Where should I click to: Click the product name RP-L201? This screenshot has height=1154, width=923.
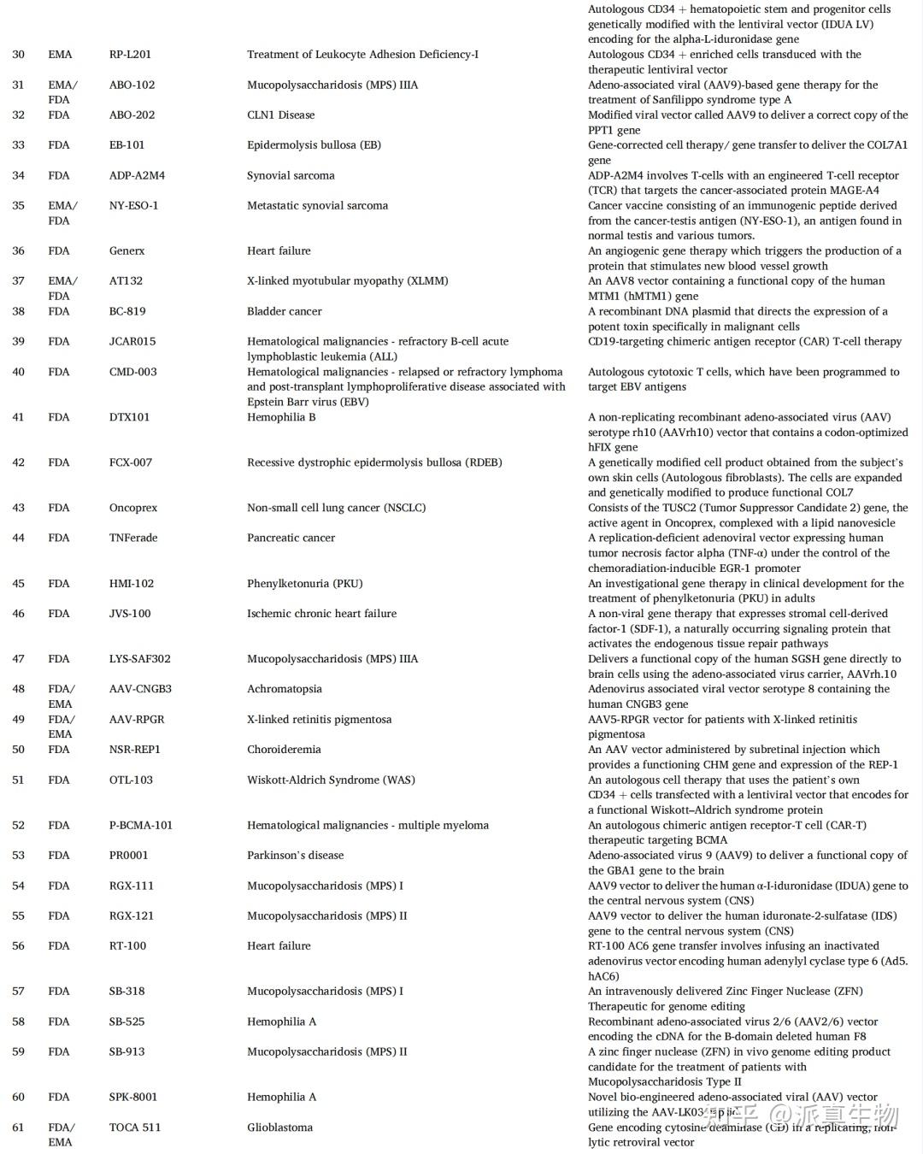pyautogui.click(x=130, y=55)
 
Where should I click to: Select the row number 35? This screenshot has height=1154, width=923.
pyautogui.click(x=19, y=206)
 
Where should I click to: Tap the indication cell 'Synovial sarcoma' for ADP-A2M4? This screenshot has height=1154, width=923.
pyautogui.click(x=291, y=176)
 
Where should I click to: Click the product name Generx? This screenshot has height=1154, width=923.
pyautogui.click(x=126, y=251)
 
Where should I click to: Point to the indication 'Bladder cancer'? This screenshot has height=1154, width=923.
pyautogui.click(x=284, y=312)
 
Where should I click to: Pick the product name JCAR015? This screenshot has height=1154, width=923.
pyautogui.click(x=132, y=342)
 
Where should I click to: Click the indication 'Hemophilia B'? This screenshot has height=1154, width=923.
pyautogui.click(x=281, y=418)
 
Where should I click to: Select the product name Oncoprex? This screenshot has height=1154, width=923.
pyautogui.click(x=133, y=508)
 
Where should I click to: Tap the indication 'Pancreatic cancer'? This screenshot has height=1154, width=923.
pyautogui.click(x=291, y=539)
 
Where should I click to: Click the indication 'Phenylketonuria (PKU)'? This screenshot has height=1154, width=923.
pyautogui.click(x=304, y=584)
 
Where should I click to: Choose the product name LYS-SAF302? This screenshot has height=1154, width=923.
pyautogui.click(x=139, y=659)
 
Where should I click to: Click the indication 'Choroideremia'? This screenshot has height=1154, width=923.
pyautogui.click(x=284, y=750)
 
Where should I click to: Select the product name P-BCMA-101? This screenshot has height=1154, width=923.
pyautogui.click(x=140, y=826)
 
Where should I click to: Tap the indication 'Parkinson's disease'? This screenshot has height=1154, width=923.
pyautogui.click(x=295, y=856)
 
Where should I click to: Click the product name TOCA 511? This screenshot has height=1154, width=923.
pyautogui.click(x=134, y=1128)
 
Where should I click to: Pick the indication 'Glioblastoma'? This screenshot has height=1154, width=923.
pyautogui.click(x=279, y=1128)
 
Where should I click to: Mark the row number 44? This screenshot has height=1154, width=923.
pyautogui.click(x=19, y=539)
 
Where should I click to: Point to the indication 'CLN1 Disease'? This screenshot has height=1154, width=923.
pyautogui.click(x=280, y=115)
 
